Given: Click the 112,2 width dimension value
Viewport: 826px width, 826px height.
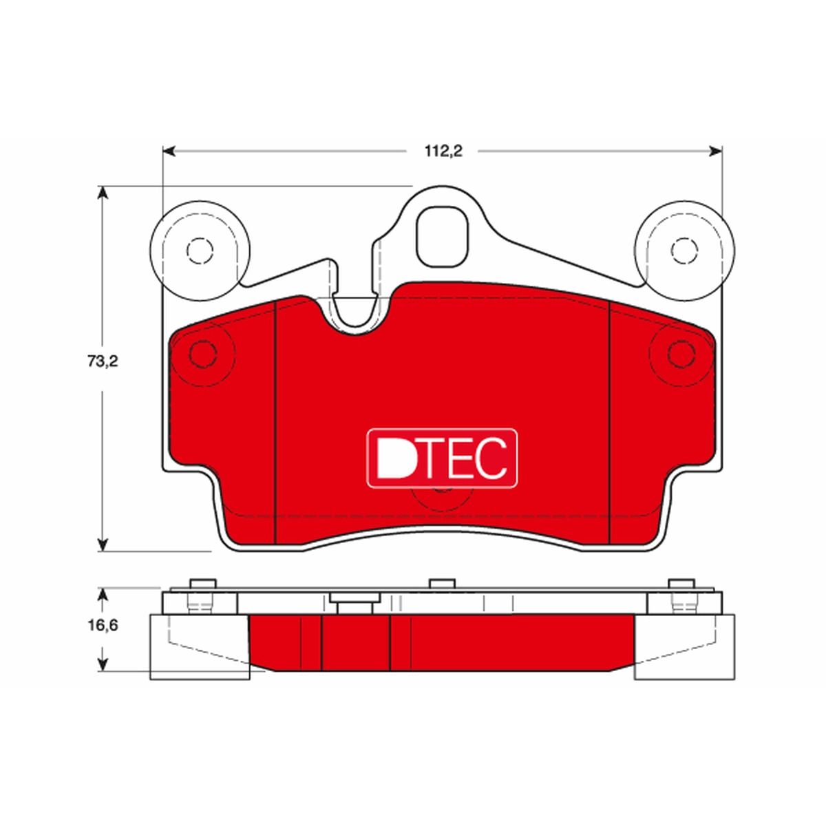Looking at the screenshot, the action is [x=443, y=151].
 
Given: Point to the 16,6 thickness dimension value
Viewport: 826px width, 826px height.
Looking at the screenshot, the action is [x=103, y=624].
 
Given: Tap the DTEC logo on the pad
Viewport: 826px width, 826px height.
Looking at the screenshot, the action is [x=442, y=457].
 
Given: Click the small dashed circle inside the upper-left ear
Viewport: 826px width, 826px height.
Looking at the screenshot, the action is [x=200, y=251].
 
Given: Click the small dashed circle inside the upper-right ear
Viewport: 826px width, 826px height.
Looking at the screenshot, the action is [x=684, y=251].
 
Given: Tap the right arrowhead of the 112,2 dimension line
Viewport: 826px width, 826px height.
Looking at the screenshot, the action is [x=715, y=151].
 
